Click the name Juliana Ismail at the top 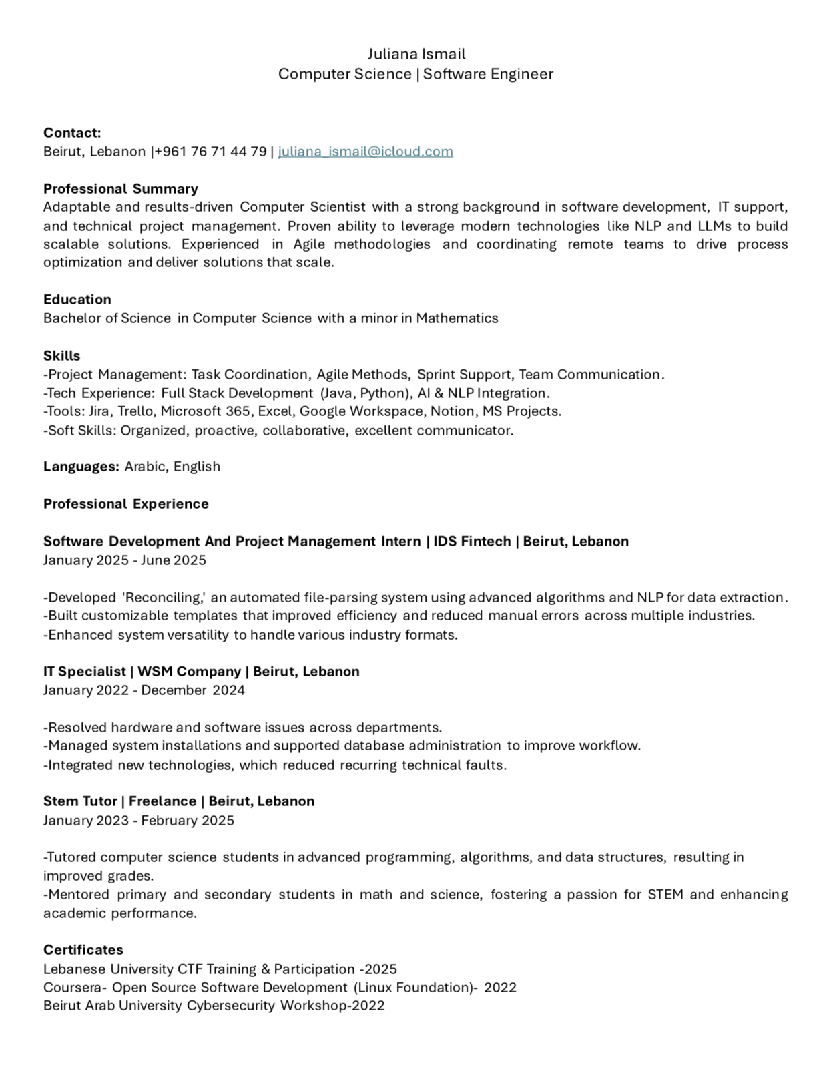[416, 54]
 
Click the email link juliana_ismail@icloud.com [365, 152]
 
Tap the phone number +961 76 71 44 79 [211, 152]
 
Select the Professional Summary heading [121, 189]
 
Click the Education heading [77, 300]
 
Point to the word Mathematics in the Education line [457, 318]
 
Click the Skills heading [62, 356]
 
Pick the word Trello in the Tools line [136, 411]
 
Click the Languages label [81, 467]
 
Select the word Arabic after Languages [145, 467]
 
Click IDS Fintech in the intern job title [471, 541]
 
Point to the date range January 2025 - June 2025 [125, 560]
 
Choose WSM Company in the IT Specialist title [190, 672]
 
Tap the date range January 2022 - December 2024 [144, 690]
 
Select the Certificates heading [83, 950]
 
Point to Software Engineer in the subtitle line [488, 74]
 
